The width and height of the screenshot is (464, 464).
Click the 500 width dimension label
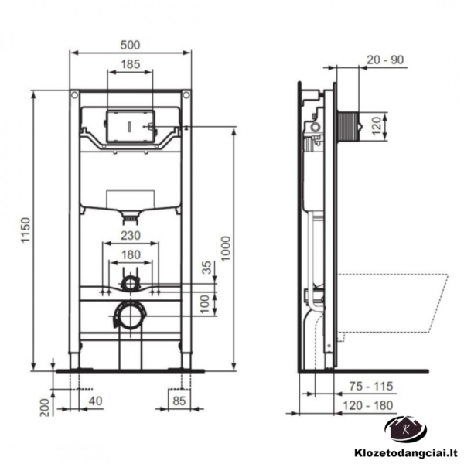click(x=130, y=45)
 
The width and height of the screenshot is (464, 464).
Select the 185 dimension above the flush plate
click(x=131, y=64)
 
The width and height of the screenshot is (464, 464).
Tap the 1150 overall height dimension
click(x=26, y=230)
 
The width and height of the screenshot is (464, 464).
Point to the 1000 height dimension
click(x=226, y=248)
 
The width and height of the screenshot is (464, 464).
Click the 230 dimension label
click(x=131, y=236)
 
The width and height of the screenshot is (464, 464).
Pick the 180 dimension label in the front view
click(x=131, y=254)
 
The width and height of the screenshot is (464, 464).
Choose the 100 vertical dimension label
click(x=204, y=304)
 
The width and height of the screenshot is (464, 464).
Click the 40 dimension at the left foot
click(x=95, y=401)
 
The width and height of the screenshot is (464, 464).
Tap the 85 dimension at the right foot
click(x=179, y=401)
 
